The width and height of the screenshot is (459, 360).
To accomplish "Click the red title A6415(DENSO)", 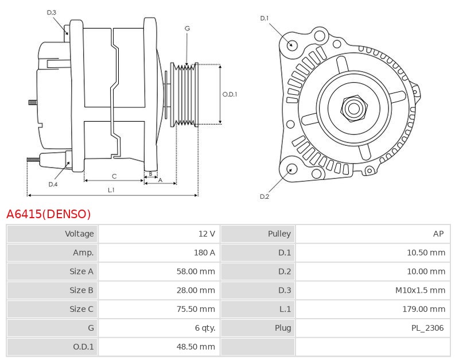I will (49, 214).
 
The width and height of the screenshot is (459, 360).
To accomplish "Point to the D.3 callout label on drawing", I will (52, 13).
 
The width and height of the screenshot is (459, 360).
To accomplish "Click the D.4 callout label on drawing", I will (53, 184).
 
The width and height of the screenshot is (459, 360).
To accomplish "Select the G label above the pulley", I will (187, 28).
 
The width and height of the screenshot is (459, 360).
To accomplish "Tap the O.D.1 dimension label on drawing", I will (229, 94).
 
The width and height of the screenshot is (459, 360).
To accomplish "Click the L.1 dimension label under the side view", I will (111, 189).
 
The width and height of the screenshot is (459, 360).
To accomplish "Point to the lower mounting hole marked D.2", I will (291, 169).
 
